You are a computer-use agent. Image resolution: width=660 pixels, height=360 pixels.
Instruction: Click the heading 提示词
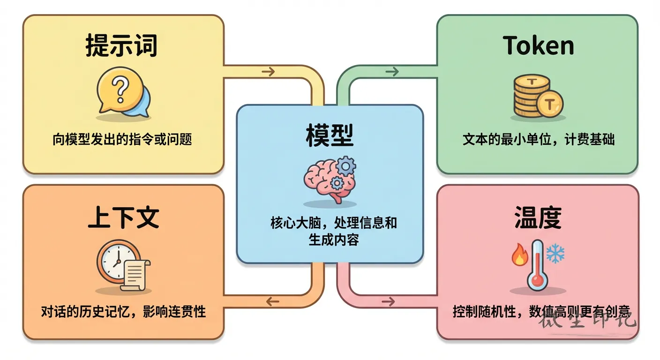tap(121, 45)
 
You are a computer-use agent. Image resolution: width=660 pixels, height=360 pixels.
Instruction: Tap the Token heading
tap(538, 45)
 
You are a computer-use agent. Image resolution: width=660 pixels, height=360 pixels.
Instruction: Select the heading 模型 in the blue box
tap(330, 135)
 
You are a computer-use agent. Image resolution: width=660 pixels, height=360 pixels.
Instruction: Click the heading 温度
tap(538, 217)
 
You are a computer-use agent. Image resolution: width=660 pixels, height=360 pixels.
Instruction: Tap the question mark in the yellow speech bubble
tap(120, 89)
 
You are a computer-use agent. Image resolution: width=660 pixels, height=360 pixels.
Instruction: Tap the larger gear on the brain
tap(346, 166)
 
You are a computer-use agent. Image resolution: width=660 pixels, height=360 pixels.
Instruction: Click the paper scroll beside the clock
tap(135, 275)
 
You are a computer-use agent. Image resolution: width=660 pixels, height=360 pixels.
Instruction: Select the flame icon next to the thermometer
tap(520, 255)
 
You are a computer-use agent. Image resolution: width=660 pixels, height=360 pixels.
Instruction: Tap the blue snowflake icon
tap(555, 253)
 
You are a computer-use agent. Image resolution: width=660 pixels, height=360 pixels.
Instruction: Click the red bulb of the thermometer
tap(538, 280)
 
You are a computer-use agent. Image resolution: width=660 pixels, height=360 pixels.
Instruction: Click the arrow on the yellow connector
tap(268, 71)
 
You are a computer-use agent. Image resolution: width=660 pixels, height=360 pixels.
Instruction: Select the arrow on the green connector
tap(392, 71)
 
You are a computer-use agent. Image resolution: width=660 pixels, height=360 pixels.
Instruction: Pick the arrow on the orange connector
tap(272, 301)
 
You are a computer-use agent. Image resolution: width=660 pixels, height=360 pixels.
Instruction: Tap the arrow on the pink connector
tap(388, 301)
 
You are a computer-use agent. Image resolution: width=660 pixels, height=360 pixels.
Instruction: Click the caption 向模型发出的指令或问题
tap(122, 139)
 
